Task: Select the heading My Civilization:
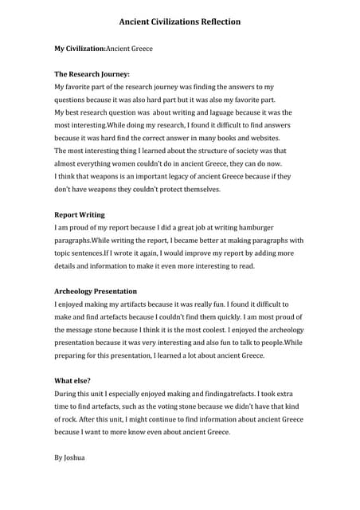pyautogui.click(x=80, y=49)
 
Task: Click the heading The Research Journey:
pyautogui.click(x=92, y=74)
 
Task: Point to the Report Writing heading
pyautogui.click(x=79, y=215)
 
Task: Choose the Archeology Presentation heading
pyautogui.click(x=96, y=292)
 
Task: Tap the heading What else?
pyautogui.click(x=72, y=381)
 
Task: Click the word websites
pyautogui.click(x=266, y=138)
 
